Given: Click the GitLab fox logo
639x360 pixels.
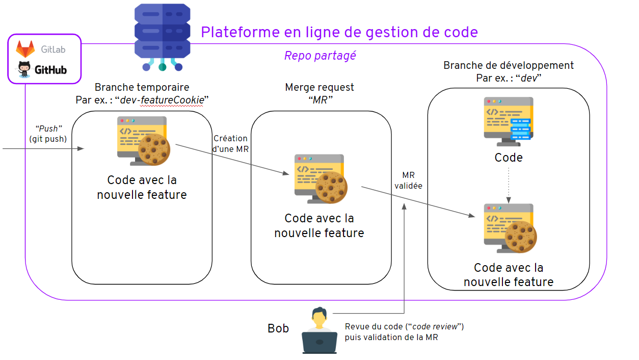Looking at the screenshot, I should [25, 49].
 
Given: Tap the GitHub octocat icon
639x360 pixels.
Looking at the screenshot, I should [24, 68].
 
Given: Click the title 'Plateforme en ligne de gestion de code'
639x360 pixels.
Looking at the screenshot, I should [339, 32].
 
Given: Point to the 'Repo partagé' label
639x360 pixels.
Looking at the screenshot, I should [320, 56].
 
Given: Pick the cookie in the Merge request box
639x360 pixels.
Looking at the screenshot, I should [331, 187].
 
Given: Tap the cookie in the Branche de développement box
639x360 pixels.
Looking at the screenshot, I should [520, 237].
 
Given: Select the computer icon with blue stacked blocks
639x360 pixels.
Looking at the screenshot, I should [508, 122].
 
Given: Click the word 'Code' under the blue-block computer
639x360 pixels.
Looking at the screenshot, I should [509, 158].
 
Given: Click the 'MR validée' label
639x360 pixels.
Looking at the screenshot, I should [408, 181].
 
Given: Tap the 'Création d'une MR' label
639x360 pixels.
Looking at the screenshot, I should [230, 143].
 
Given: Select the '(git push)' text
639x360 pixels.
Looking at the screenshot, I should [48, 139].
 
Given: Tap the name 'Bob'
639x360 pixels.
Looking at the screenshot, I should [278, 328].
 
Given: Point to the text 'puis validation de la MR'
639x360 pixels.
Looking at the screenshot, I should [391, 337].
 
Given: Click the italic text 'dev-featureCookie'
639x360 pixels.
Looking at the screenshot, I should [162, 100].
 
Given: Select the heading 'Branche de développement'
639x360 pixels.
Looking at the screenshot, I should [508, 65].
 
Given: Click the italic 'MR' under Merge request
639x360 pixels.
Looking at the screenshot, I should [321, 100].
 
